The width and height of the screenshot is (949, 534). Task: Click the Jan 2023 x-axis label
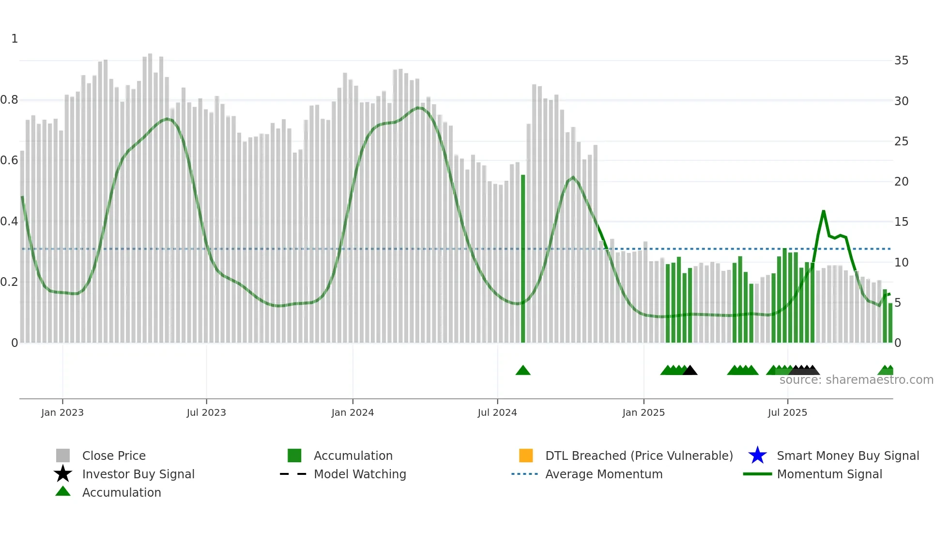coord(62,412)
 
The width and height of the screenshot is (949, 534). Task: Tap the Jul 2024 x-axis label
coord(497,412)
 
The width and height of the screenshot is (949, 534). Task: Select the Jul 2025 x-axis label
coord(787,412)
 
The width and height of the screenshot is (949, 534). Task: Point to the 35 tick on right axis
coord(901,61)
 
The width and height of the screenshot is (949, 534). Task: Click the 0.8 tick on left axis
coord(10,100)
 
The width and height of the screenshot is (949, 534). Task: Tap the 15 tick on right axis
coord(901,222)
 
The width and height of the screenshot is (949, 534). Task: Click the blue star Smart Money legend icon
coord(757,455)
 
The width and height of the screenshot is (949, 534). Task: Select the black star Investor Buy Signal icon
coord(63,474)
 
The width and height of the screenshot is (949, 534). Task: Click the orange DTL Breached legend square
coord(526,455)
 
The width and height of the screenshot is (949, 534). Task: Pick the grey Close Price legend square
coord(63,455)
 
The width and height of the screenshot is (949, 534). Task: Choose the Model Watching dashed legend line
coord(293,474)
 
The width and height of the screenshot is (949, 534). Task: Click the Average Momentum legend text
coord(604,474)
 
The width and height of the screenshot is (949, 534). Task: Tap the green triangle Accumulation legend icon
coord(63,491)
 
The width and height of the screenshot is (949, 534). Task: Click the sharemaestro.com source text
coord(856,380)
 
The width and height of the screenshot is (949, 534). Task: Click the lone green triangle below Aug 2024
coord(523,371)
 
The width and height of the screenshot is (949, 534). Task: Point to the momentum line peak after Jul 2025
coord(823,211)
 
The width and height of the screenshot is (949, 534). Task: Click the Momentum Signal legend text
coord(829,474)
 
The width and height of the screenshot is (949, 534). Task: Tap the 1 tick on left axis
coord(15,39)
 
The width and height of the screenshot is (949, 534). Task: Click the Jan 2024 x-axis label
coord(352,412)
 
